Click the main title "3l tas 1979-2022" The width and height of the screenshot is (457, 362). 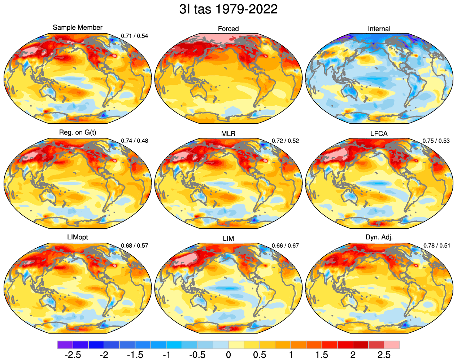pyautogui.click(x=228, y=9)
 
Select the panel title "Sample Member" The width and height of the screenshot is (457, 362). pyautogui.click(x=78, y=27)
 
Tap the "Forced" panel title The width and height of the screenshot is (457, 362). pyautogui.click(x=229, y=29)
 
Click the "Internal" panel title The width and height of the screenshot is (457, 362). pyautogui.click(x=379, y=29)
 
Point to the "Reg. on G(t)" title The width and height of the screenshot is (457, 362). pyautogui.click(x=78, y=132)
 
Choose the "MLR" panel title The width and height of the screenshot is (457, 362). pyautogui.click(x=229, y=134)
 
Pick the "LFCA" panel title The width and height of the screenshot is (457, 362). pyautogui.click(x=379, y=134)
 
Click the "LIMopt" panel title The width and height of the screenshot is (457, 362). pyautogui.click(x=78, y=237)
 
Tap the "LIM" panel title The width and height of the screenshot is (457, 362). pyautogui.click(x=229, y=239)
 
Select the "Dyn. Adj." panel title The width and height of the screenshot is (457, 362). pyautogui.click(x=379, y=237)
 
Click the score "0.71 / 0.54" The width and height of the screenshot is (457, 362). pyautogui.click(x=135, y=36)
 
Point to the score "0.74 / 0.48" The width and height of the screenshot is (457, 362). pyautogui.click(x=135, y=141)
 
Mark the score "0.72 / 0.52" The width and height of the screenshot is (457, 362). pyautogui.click(x=285, y=141)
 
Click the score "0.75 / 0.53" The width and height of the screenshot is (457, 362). pyautogui.click(x=436, y=141)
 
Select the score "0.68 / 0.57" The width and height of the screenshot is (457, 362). pyautogui.click(x=135, y=246)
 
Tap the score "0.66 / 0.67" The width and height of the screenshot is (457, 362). pyautogui.click(x=285, y=246)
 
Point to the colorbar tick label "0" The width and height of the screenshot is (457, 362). pyautogui.click(x=228, y=355)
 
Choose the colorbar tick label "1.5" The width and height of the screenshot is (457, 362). pyautogui.click(x=322, y=355)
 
